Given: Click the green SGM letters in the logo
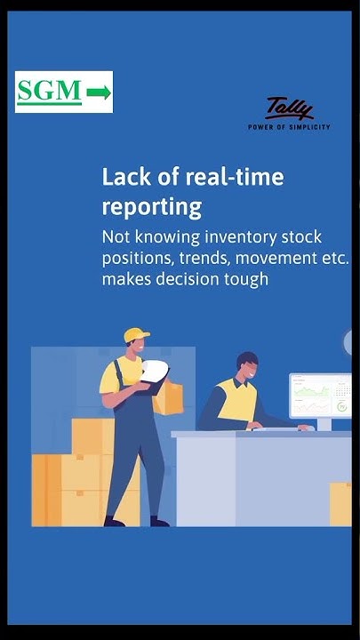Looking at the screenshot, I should point(50,91).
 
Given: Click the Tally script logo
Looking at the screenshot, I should point(290,109).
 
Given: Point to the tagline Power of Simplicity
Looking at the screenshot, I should point(289,127).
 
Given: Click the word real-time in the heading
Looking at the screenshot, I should point(229,177).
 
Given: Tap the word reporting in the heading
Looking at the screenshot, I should point(152,207).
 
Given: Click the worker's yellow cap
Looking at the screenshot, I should point(136,334).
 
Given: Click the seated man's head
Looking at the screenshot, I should point(247,366).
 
